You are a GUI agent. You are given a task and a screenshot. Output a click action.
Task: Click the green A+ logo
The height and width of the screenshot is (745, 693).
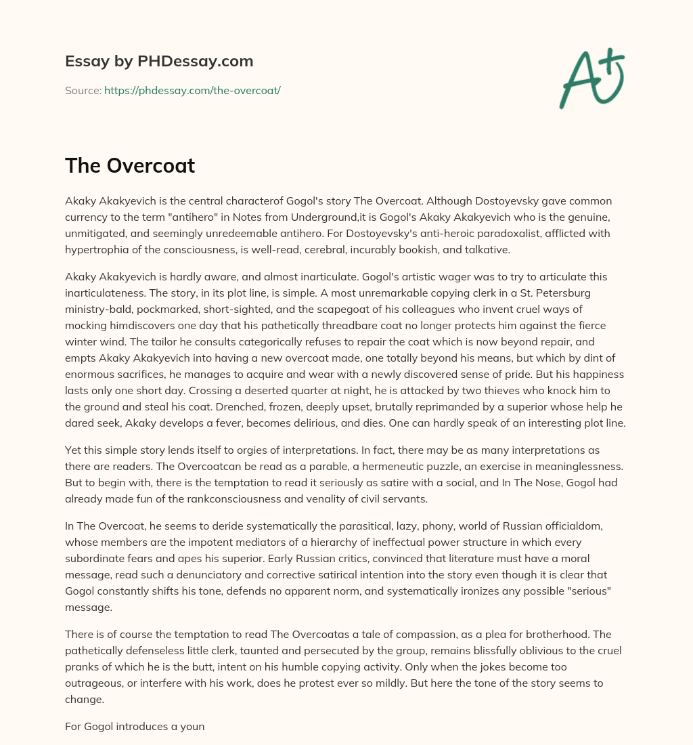(591, 79)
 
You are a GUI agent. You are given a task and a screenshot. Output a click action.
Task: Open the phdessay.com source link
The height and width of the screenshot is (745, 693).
(192, 90)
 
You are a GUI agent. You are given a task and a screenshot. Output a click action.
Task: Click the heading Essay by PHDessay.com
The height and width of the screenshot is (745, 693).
(159, 62)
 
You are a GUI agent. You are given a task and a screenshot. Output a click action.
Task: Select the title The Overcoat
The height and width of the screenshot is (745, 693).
(130, 165)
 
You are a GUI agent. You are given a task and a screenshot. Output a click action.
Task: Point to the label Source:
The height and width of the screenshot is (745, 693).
(83, 90)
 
